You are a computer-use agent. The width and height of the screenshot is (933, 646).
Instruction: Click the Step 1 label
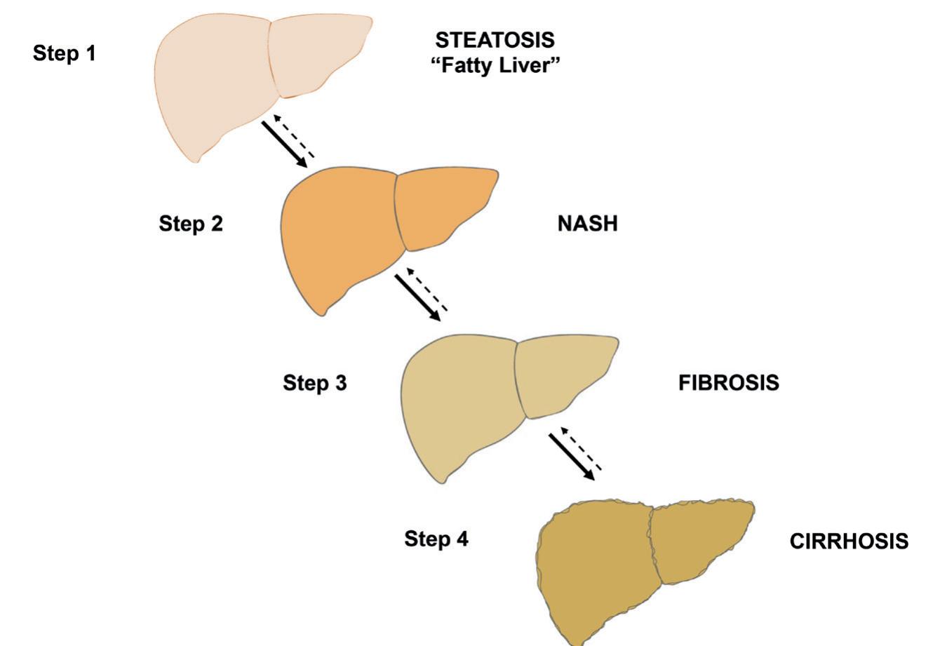click(x=64, y=53)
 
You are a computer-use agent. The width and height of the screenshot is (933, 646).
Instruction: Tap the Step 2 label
click(x=191, y=224)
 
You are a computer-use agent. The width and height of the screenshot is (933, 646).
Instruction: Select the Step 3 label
click(x=314, y=383)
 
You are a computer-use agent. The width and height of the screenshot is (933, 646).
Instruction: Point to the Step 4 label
click(x=436, y=539)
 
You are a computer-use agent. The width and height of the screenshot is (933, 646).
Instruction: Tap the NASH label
click(x=588, y=224)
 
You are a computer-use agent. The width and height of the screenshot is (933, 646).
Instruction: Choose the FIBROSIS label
click(x=728, y=383)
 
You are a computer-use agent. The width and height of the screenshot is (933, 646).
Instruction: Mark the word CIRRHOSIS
click(x=849, y=541)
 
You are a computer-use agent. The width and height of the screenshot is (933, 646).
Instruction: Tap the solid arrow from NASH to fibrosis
click(x=417, y=297)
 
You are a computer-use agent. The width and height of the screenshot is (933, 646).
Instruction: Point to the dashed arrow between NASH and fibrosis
click(x=427, y=289)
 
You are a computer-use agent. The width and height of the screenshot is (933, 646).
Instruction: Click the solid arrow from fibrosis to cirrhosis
click(x=571, y=457)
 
